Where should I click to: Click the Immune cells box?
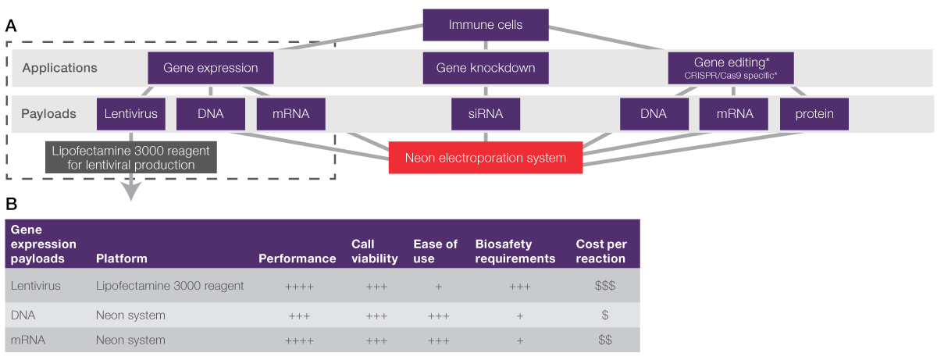click(x=485, y=25)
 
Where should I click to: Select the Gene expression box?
click(x=211, y=68)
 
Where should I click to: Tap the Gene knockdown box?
click(x=485, y=68)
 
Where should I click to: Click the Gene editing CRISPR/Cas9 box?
click(x=731, y=68)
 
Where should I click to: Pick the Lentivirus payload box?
click(x=131, y=114)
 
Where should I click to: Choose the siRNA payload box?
click(x=485, y=114)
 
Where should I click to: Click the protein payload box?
click(x=814, y=114)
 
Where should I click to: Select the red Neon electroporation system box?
click(x=485, y=158)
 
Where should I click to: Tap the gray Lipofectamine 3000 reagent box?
click(x=130, y=158)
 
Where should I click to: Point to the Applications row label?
click(x=59, y=68)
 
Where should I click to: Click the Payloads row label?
click(x=48, y=114)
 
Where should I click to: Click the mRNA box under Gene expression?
click(x=290, y=114)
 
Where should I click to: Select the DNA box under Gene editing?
click(x=654, y=114)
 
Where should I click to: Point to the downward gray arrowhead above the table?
click(x=130, y=193)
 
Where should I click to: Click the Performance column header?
click(x=297, y=258)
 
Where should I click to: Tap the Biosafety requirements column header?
click(x=515, y=251)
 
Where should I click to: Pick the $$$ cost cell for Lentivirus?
click(x=604, y=287)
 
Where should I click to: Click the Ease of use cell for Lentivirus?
click(x=438, y=287)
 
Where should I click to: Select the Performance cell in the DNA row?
click(x=300, y=315)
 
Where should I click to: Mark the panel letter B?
click(x=11, y=205)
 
